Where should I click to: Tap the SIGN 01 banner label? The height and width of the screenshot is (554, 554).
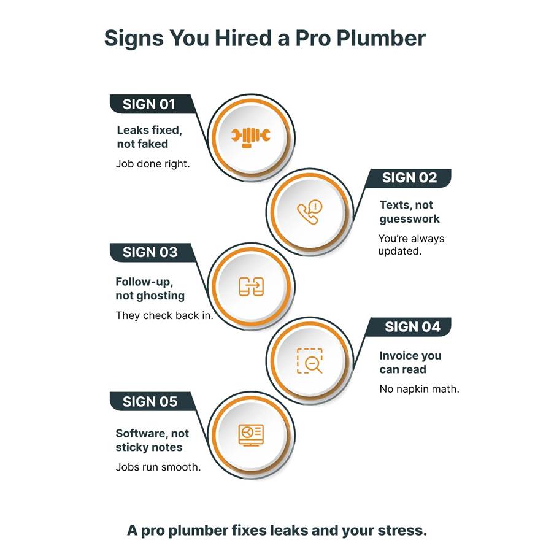pos(148,104)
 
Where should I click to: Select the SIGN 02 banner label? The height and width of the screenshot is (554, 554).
pos(409,178)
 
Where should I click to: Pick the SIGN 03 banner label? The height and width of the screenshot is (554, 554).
pos(150,252)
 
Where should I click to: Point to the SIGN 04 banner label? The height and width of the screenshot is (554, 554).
pos(412,327)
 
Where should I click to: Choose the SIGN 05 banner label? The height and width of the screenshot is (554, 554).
pos(150,402)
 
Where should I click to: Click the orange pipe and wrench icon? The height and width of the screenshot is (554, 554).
pos(251,136)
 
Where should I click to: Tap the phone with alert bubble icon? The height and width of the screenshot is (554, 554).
pos(309,212)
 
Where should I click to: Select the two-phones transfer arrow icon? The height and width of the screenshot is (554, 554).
pos(251,287)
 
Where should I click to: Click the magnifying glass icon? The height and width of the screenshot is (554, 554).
pos(310,361)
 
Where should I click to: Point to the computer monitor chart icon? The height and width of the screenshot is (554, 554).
pos(251,435)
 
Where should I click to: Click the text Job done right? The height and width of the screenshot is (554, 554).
pos(153,164)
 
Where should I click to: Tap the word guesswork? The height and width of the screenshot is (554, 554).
pos(409,219)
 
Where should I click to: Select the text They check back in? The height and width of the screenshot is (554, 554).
pos(164,315)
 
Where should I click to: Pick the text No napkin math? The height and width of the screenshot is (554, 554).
pos(419,389)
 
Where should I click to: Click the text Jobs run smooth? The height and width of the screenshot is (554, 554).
pos(158,467)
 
